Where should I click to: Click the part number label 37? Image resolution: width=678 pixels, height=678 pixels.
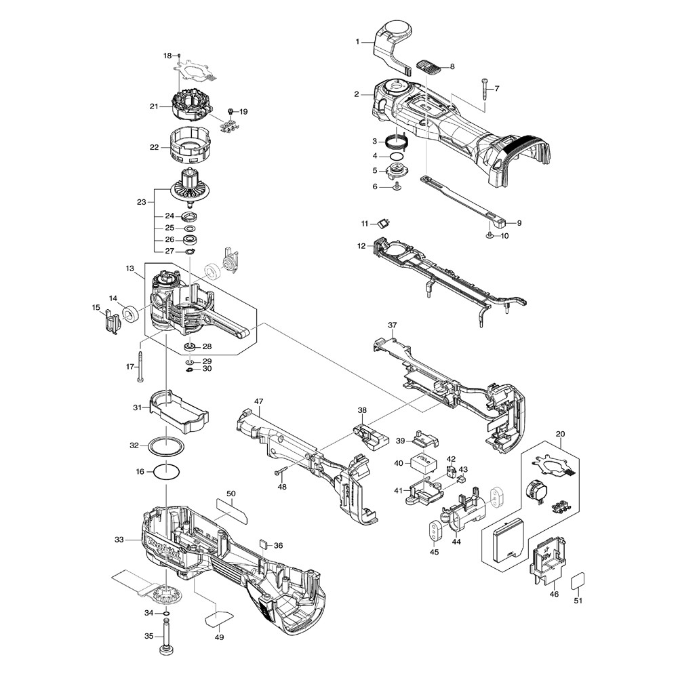tap(392, 325)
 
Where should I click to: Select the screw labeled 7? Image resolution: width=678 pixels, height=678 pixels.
tap(486, 90)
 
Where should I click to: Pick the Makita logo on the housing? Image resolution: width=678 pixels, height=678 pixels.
tap(163, 545)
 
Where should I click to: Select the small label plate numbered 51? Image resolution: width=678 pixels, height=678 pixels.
tap(577, 581)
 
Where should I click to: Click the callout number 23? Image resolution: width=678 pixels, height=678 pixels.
tap(141, 202)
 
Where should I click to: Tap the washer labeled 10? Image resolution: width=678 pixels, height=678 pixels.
tap(488, 235)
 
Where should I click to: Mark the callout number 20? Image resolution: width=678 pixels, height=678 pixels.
tap(560, 434)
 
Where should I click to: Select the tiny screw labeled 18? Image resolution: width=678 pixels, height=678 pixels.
tap(177, 54)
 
